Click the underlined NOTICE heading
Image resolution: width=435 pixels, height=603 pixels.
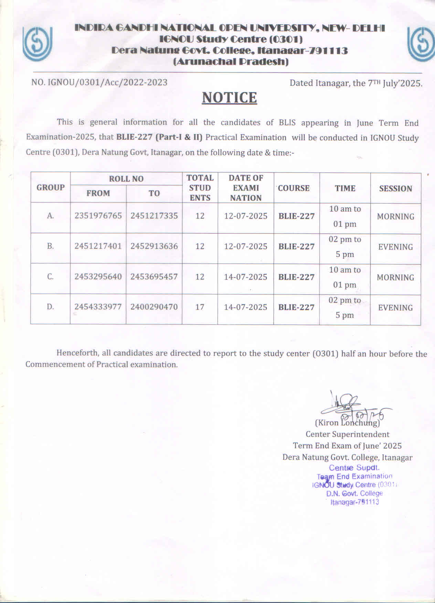229,98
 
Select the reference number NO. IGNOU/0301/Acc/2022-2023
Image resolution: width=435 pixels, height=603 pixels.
99,83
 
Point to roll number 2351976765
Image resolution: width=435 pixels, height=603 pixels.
98,216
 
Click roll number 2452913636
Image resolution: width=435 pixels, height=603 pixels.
154,246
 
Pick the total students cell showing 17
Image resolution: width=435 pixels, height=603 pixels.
200,307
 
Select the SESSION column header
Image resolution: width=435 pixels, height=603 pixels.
395,189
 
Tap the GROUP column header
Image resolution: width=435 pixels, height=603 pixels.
51,188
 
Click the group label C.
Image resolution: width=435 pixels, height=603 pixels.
51,277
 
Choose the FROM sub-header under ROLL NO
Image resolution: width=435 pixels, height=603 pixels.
98,193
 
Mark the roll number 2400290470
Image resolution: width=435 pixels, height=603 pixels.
154,307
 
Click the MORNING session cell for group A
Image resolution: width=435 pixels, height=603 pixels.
395,217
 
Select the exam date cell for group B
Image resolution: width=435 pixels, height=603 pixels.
246,246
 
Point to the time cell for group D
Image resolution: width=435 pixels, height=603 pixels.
345,308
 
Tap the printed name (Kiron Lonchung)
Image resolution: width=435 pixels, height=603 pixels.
348,423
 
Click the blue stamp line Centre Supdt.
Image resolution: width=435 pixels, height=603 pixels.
354,468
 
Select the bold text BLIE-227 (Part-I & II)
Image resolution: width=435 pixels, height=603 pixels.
159,138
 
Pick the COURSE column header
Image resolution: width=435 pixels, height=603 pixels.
294,188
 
